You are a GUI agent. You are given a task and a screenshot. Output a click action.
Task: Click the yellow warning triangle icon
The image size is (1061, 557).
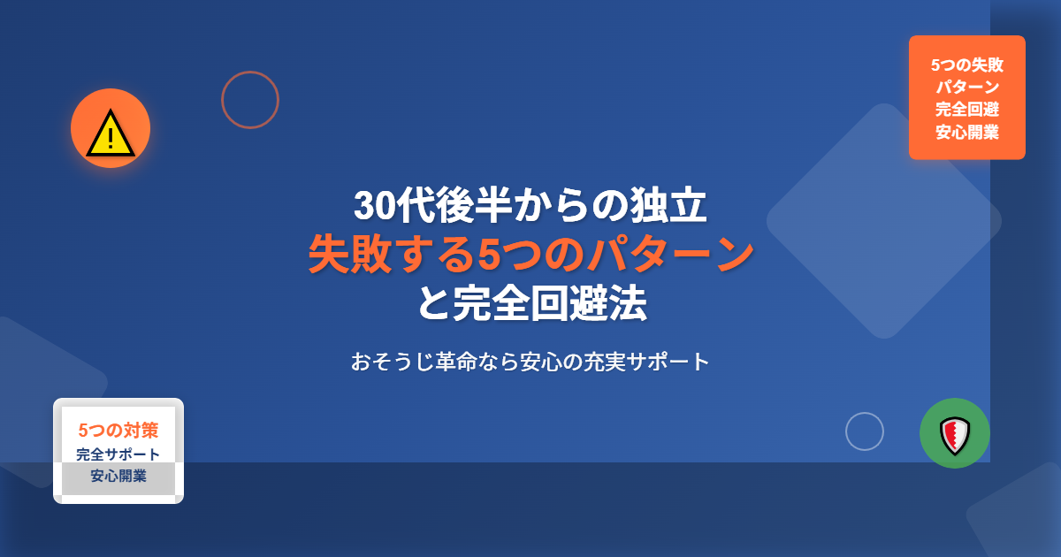point(111,134)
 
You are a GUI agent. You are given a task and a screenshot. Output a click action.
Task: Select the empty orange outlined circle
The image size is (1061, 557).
point(250,72)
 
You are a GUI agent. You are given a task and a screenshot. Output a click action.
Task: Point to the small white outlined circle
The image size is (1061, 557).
point(865,413)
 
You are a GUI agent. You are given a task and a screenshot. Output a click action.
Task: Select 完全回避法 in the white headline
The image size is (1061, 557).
point(550,303)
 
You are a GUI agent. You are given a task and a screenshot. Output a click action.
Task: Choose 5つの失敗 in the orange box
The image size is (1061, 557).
point(967,65)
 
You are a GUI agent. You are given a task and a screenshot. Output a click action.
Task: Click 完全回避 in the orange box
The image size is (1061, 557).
point(967,110)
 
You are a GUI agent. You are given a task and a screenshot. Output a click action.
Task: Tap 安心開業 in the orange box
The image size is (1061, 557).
point(967,132)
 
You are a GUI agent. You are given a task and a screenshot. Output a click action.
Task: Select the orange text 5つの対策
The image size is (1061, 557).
point(118,430)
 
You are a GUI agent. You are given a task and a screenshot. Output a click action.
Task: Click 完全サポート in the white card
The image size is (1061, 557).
point(118,454)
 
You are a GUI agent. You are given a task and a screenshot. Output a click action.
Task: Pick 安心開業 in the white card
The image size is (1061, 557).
point(118,476)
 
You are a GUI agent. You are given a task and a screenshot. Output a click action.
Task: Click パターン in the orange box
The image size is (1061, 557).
point(967,88)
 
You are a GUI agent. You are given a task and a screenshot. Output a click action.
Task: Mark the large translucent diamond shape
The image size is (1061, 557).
point(884,221)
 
